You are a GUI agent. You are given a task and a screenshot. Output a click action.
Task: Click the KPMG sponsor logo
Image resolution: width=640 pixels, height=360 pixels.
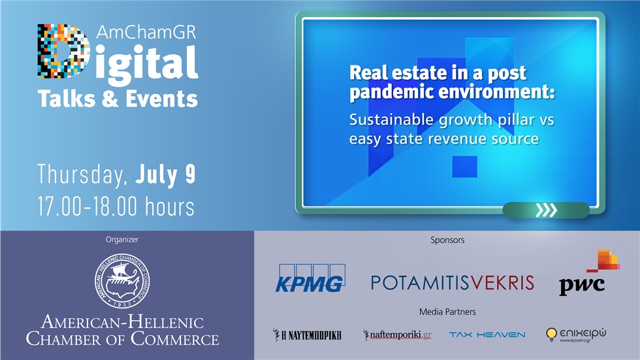tap(309, 278)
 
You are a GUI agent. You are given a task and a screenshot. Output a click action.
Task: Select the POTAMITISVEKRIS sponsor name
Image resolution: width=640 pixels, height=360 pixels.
tap(452, 282)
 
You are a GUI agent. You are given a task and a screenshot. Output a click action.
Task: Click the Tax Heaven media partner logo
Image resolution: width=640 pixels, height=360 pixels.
tap(487, 335)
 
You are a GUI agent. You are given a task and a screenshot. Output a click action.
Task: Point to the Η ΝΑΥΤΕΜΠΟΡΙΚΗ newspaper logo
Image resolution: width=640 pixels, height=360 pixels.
tap(307, 335)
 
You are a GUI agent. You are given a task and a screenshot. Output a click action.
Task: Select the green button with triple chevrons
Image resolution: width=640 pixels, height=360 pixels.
tap(546, 210)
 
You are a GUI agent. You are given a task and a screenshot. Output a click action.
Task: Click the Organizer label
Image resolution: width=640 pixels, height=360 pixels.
tap(122, 240)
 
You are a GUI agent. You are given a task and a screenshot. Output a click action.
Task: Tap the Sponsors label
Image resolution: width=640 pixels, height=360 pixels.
tap(447, 240)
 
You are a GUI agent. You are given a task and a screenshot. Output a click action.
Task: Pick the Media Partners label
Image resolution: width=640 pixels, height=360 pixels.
tap(447, 312)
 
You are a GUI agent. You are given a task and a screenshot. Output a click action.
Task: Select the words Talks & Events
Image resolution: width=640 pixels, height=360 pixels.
tap(118, 99)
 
